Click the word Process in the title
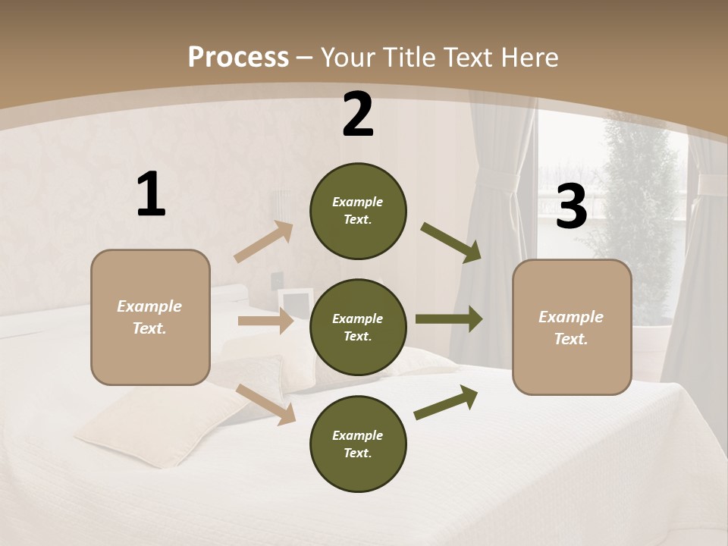click(x=238, y=57)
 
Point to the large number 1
click(x=151, y=195)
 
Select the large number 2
click(x=358, y=115)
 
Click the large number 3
click(x=571, y=206)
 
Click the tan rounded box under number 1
click(x=150, y=317)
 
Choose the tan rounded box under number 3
click(x=572, y=328)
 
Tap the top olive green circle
click(x=358, y=211)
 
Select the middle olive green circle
click(x=358, y=327)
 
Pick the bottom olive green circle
click(x=358, y=444)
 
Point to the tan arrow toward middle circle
click(x=265, y=322)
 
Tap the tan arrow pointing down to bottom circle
click(x=265, y=403)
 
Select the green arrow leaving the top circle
click(x=451, y=242)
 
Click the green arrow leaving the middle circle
click(x=448, y=319)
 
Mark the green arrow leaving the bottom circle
click(x=446, y=402)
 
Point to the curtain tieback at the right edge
click(x=711, y=184)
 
